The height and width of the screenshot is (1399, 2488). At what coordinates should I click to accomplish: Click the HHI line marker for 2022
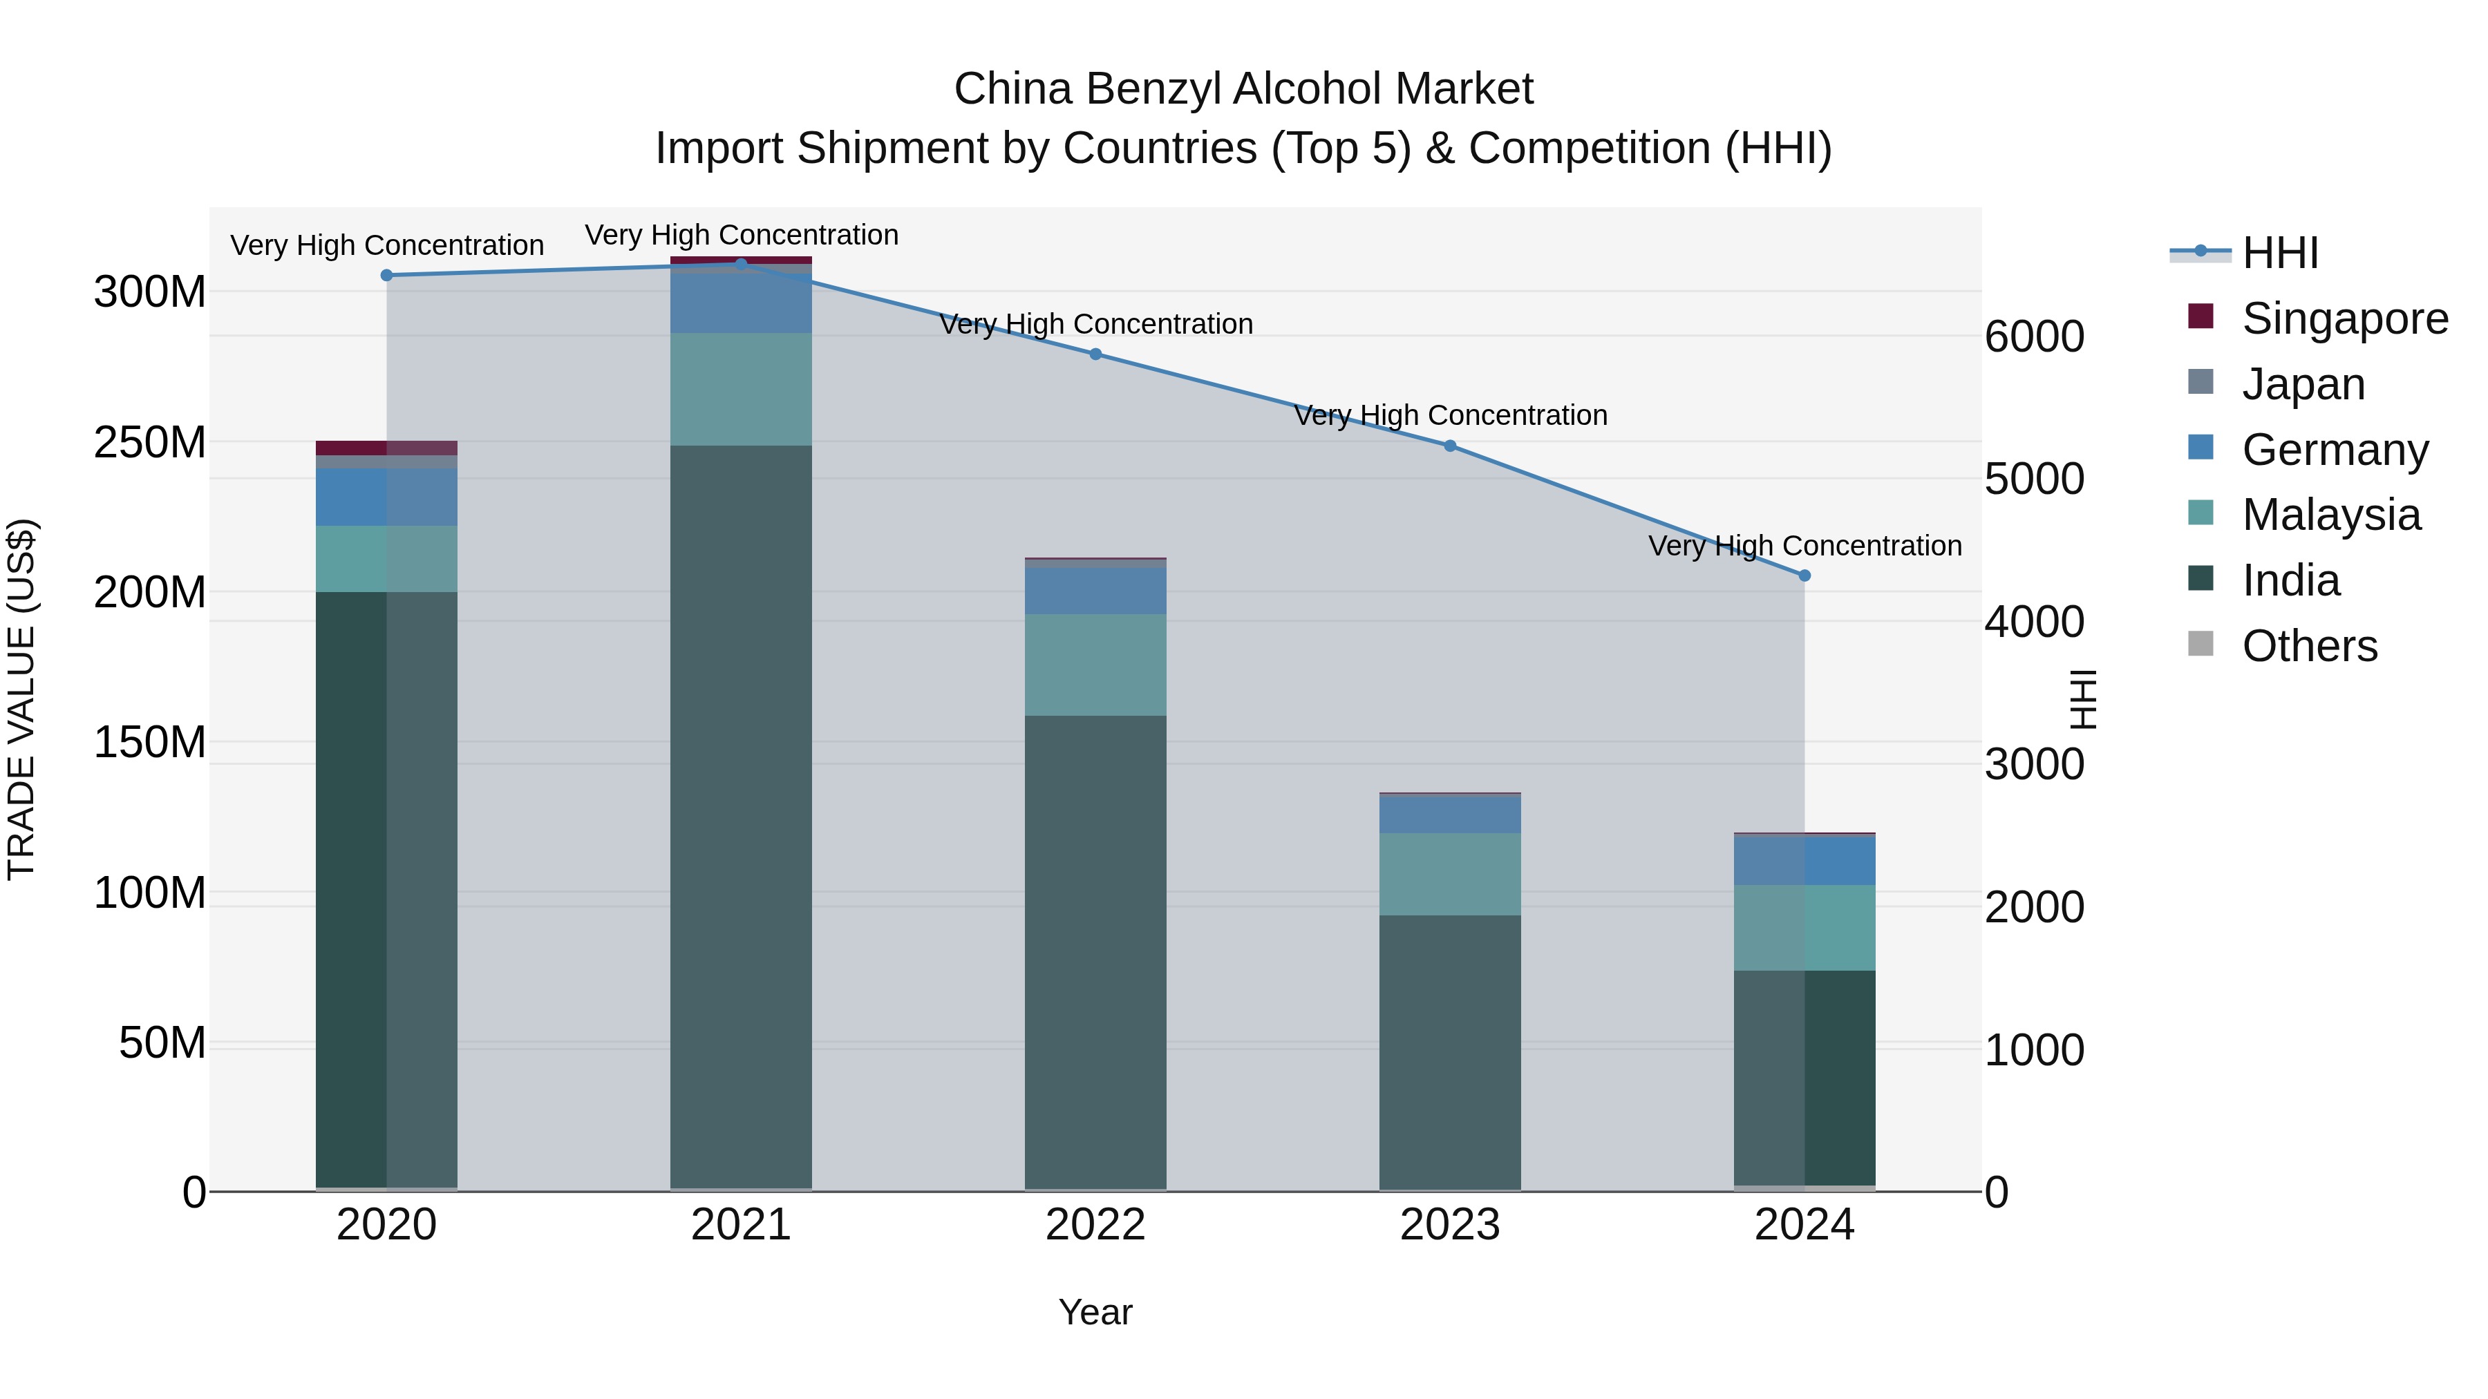coord(1095,354)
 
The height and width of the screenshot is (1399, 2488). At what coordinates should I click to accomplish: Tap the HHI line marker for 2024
coord(1804,575)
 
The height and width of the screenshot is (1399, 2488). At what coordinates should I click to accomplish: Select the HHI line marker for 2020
coord(386,275)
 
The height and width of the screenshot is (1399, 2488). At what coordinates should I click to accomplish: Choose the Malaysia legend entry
coord(2330,515)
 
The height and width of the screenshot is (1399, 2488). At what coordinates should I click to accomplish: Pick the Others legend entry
coord(2309,646)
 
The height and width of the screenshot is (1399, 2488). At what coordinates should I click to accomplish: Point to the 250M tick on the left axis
coord(150,442)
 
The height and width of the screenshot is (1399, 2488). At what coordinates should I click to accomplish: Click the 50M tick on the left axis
coord(162,1043)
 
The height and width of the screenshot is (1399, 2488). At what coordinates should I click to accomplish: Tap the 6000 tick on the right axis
coord(2034,337)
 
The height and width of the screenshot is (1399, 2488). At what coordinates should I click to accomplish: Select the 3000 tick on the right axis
coord(2034,765)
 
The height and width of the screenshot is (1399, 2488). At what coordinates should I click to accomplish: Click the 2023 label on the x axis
coord(1450,1225)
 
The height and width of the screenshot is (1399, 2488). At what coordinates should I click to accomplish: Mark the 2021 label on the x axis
coord(741,1225)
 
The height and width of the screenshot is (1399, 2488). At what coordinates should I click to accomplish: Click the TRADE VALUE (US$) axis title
coord(21,699)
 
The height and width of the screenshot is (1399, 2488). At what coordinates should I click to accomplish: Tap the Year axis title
coord(1095,1312)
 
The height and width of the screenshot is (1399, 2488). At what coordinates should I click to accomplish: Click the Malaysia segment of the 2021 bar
coord(741,389)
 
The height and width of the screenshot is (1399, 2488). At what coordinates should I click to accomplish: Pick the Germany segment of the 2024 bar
coord(1804,860)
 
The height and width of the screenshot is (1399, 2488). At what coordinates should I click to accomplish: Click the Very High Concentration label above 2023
coord(1450,415)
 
